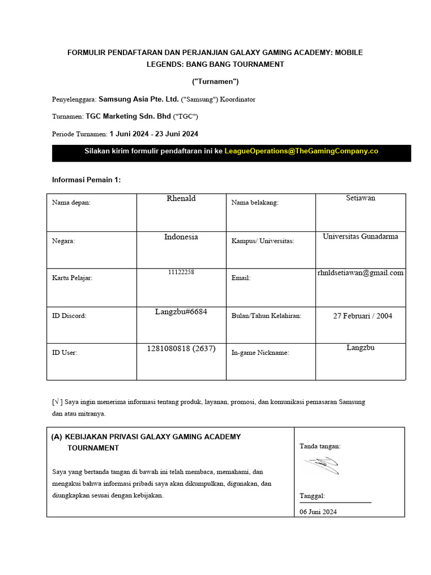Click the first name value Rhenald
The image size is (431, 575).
181,198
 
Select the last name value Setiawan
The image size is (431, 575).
360,198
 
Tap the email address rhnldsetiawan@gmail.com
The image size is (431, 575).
360,273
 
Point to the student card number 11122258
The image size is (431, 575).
181,272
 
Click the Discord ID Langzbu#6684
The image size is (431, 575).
181,312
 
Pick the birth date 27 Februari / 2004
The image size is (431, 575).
363,316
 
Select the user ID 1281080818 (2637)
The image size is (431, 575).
181,348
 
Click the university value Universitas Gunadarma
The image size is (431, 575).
360,236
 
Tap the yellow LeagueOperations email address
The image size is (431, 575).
301,151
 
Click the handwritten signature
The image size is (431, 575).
322,464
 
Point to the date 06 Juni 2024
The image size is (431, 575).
318,512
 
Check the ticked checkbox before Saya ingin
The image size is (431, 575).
56,402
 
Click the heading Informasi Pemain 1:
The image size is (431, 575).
86,180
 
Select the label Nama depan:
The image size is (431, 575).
71,203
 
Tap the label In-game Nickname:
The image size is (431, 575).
260,353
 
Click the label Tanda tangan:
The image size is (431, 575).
320,446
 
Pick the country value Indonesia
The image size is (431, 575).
181,236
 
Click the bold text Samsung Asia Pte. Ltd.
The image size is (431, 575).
139,99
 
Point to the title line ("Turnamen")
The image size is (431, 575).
215,82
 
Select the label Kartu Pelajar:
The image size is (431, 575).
72,277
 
